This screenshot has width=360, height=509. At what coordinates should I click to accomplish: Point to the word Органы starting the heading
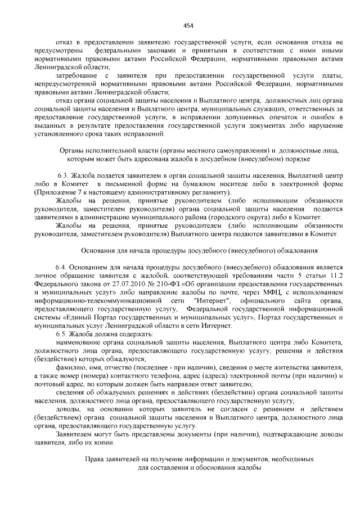(x=71, y=151)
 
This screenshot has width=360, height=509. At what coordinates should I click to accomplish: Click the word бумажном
(x=211, y=184)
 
